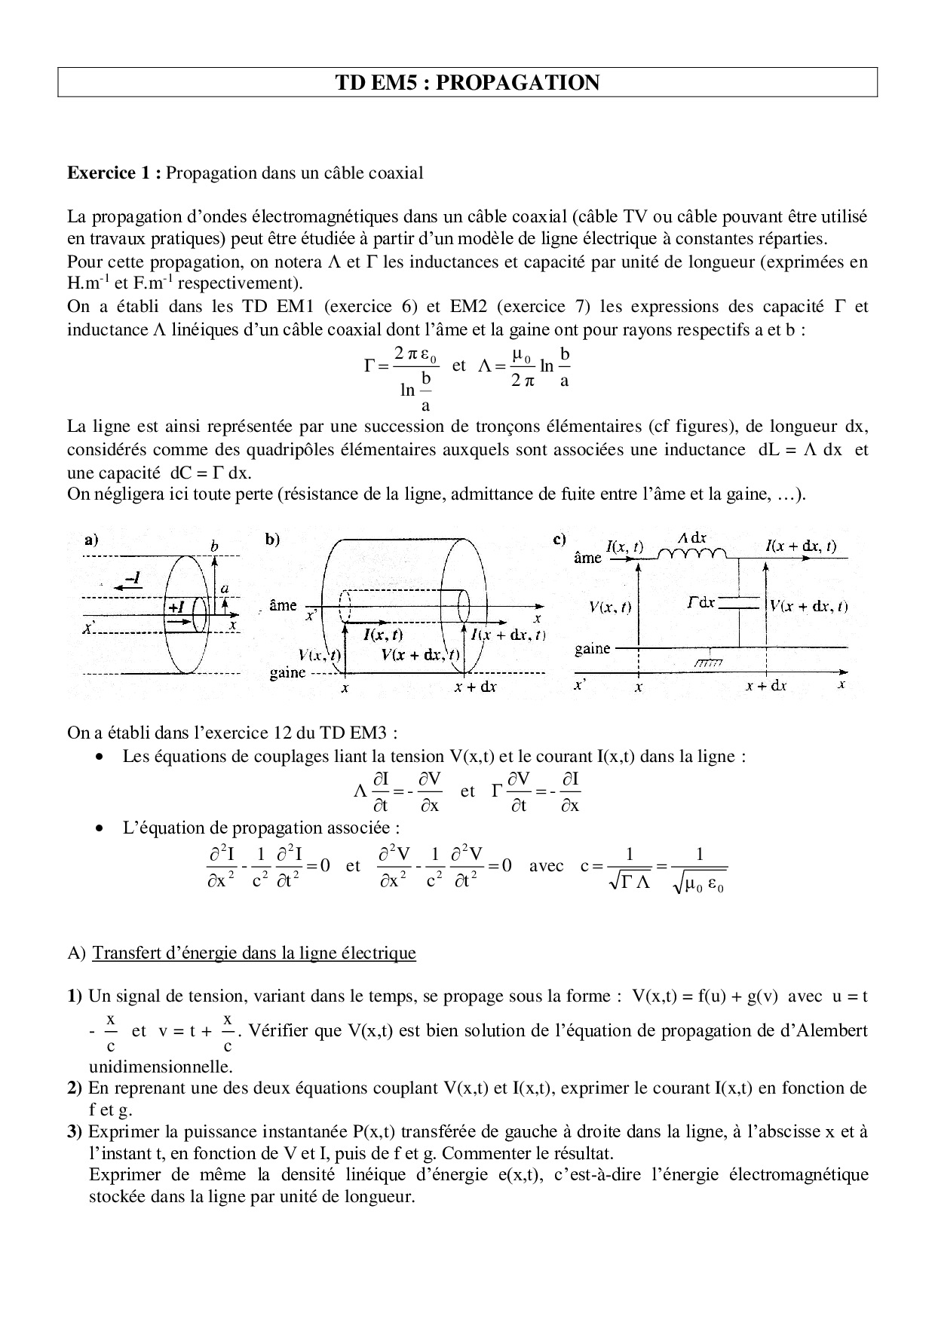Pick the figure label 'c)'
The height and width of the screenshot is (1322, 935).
click(x=560, y=539)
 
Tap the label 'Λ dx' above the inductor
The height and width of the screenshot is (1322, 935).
click(x=692, y=538)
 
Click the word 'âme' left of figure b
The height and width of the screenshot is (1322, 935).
click(x=283, y=605)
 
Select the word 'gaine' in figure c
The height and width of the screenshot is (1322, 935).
click(x=592, y=648)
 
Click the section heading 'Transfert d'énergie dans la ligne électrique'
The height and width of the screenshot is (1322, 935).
click(x=253, y=953)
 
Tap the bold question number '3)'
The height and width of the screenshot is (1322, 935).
click(x=75, y=1131)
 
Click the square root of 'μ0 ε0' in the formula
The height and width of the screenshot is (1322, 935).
click(x=699, y=886)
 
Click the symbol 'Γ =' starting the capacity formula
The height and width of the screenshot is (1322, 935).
click(x=375, y=366)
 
